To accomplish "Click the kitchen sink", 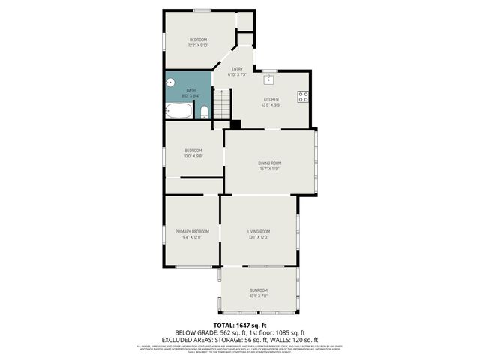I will [268, 79].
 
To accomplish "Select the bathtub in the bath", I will [179, 112].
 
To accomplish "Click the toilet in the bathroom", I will [203, 112].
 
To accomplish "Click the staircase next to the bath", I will [221, 102].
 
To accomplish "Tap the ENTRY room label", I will [237, 69].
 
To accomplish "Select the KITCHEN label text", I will [271, 99].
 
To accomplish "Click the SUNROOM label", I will [258, 289].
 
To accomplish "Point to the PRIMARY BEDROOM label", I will [192, 231].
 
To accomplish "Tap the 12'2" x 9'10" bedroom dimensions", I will [198, 45].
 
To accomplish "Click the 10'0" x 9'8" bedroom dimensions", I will [193, 156].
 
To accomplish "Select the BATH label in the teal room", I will [190, 90].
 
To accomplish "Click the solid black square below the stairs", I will [235, 124].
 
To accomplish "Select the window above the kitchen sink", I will [268, 70].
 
